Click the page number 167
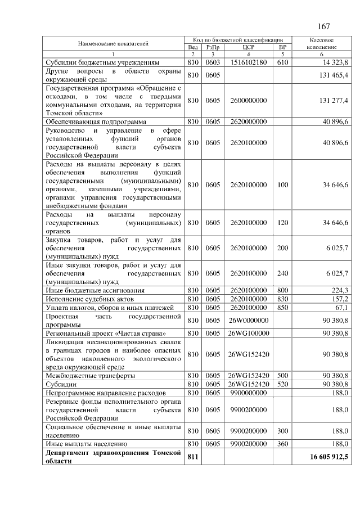(323, 26)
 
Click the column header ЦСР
(248, 47)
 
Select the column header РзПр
(213, 47)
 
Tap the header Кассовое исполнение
(322, 44)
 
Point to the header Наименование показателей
(114, 43)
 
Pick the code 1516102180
(248, 62)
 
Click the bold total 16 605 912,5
(329, 457)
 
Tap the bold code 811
(193, 457)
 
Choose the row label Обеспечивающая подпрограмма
(96, 121)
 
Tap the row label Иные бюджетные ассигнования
(95, 290)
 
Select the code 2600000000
(248, 100)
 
